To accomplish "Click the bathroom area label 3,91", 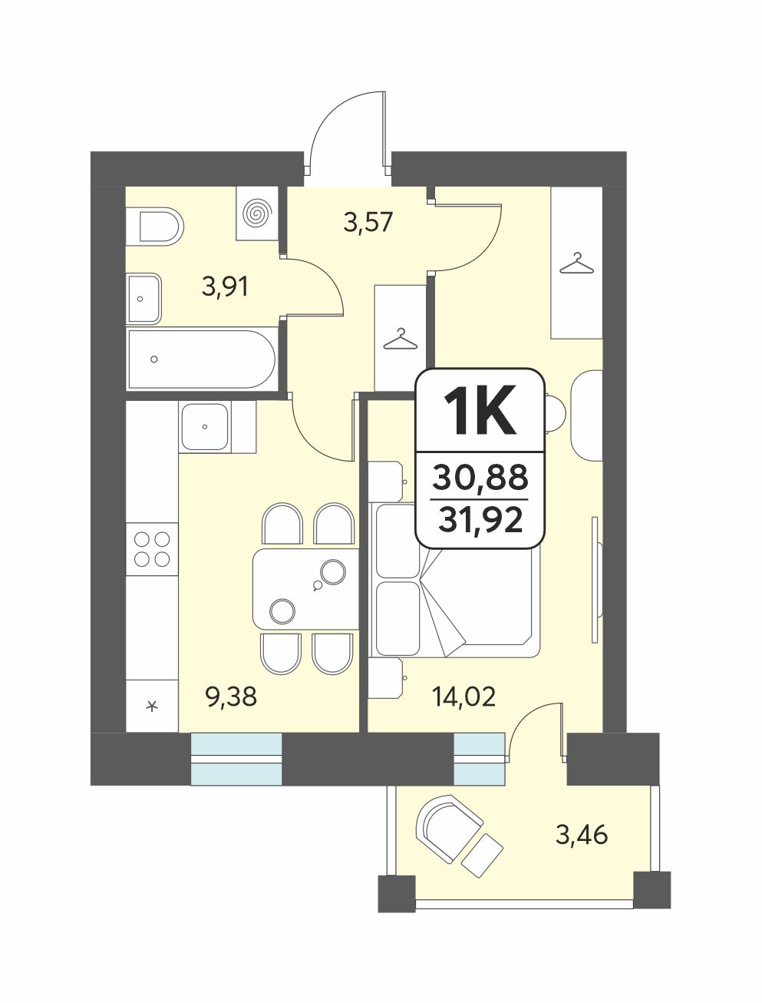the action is pyautogui.click(x=225, y=288).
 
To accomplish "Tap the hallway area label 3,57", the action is pyautogui.click(x=368, y=223).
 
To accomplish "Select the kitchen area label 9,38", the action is pyautogui.click(x=232, y=697).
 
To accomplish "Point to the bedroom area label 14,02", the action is pyautogui.click(x=463, y=697).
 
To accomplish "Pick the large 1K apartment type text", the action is pyautogui.click(x=480, y=410).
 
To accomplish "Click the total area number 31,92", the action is pyautogui.click(x=480, y=521).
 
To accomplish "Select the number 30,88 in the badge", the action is pyautogui.click(x=480, y=477).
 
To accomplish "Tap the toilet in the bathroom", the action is pyautogui.click(x=155, y=227).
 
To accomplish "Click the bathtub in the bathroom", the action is pyautogui.click(x=202, y=359).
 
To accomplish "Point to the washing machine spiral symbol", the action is pyautogui.click(x=259, y=213).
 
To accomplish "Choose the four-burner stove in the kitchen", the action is pyautogui.click(x=152, y=549).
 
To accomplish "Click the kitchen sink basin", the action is pyautogui.click(x=205, y=427).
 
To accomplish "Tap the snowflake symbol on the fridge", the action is pyautogui.click(x=152, y=707).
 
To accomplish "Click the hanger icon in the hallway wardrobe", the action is pyautogui.click(x=401, y=339).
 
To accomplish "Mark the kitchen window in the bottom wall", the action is pyautogui.click(x=236, y=759).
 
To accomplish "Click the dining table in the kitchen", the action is pyautogui.click(x=305, y=589).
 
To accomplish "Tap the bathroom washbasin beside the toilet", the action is pyautogui.click(x=143, y=299).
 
